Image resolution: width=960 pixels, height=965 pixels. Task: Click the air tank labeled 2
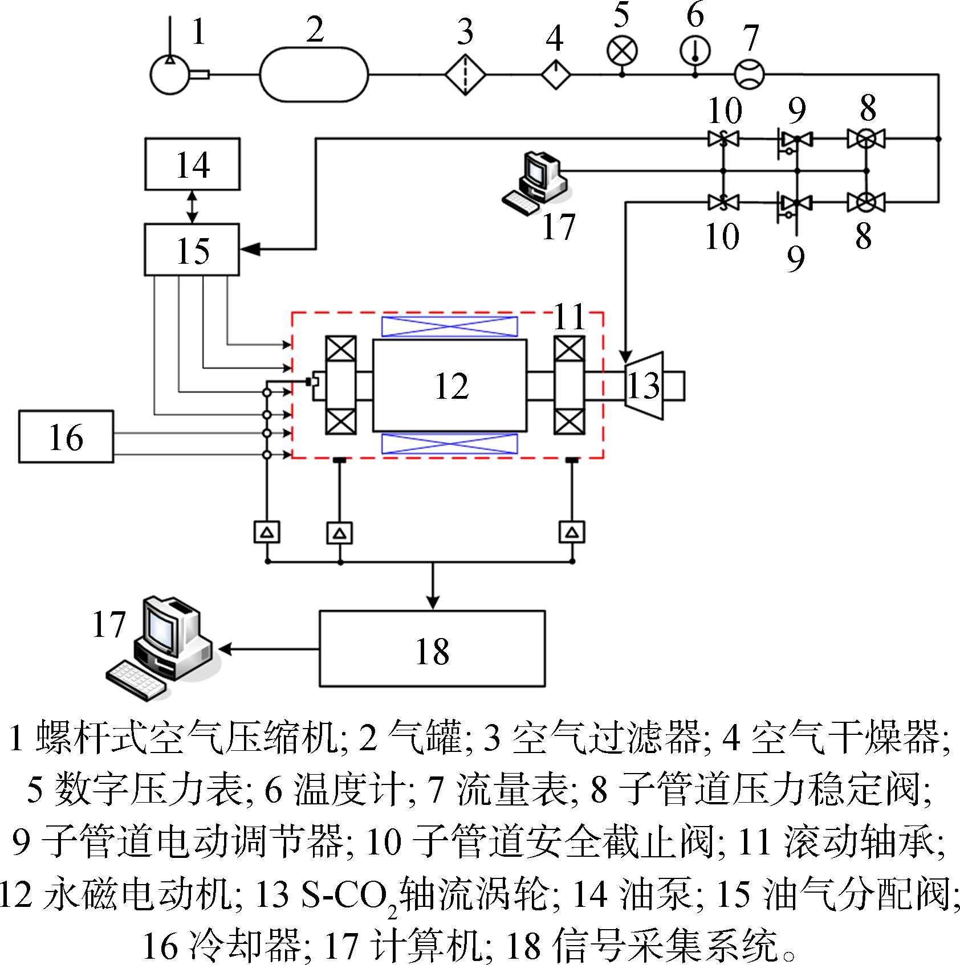click(314, 75)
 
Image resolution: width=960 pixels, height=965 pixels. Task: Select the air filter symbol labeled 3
click(465, 75)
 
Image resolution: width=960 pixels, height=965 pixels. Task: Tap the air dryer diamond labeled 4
click(556, 75)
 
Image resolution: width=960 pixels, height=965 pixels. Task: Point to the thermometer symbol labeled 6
click(695, 51)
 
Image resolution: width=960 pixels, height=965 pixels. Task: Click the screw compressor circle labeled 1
click(170, 75)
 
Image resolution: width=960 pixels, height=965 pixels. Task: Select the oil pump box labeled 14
click(192, 164)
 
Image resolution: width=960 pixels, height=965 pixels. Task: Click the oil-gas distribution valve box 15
click(192, 250)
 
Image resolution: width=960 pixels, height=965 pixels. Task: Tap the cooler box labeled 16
click(66, 436)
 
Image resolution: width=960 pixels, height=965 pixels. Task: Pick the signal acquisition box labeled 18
click(432, 648)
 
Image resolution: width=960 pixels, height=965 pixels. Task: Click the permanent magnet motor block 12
click(450, 385)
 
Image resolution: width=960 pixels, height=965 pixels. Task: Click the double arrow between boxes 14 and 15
click(192, 207)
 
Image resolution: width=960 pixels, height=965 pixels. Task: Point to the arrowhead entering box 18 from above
click(433, 603)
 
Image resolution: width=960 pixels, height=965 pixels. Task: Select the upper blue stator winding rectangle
click(450, 327)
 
